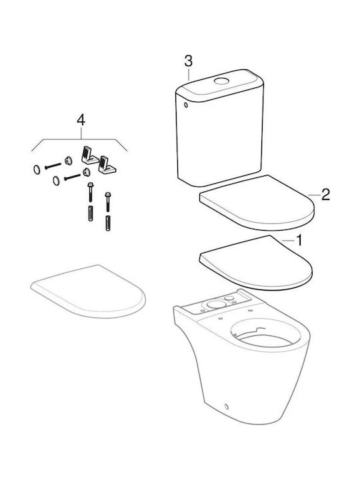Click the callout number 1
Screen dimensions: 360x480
[x=299, y=240]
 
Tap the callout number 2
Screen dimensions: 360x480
[x=325, y=195]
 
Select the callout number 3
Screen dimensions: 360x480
[x=189, y=61]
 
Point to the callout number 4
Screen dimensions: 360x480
[x=81, y=120]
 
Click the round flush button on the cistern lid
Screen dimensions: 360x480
[x=221, y=81]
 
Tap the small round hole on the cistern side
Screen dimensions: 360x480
[x=185, y=105]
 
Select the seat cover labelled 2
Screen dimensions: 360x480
[x=257, y=203]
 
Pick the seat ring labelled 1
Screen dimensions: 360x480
[x=255, y=263]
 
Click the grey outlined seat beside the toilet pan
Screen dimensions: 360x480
[x=88, y=291]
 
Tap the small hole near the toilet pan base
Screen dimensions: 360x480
[x=226, y=407]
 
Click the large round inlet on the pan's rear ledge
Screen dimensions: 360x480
[x=216, y=304]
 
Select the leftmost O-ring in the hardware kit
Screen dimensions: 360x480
[x=37, y=169]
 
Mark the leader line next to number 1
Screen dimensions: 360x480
[x=288, y=241]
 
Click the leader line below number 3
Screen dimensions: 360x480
[x=189, y=74]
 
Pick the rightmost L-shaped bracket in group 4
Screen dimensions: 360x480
[x=107, y=165]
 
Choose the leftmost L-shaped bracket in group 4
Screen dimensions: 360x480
[x=89, y=155]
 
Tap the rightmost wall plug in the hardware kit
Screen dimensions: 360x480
[x=108, y=224]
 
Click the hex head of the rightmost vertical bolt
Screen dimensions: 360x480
[x=107, y=195]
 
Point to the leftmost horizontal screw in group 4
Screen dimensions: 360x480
[x=53, y=166]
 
